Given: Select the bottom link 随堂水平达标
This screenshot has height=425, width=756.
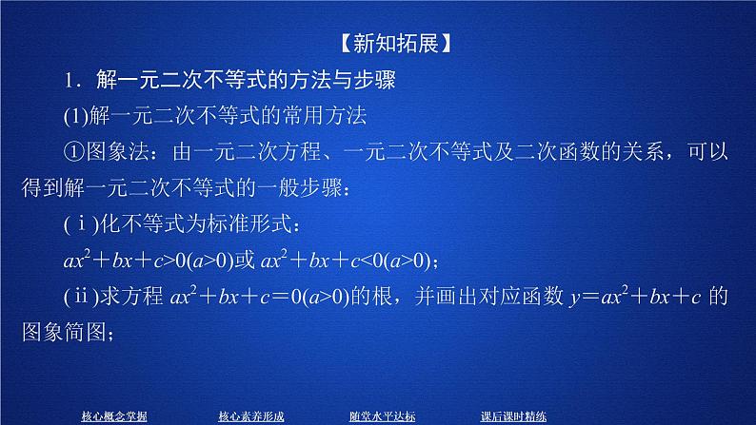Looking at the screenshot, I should coord(382,415).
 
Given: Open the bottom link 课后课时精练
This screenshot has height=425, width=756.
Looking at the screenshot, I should coord(513,415).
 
